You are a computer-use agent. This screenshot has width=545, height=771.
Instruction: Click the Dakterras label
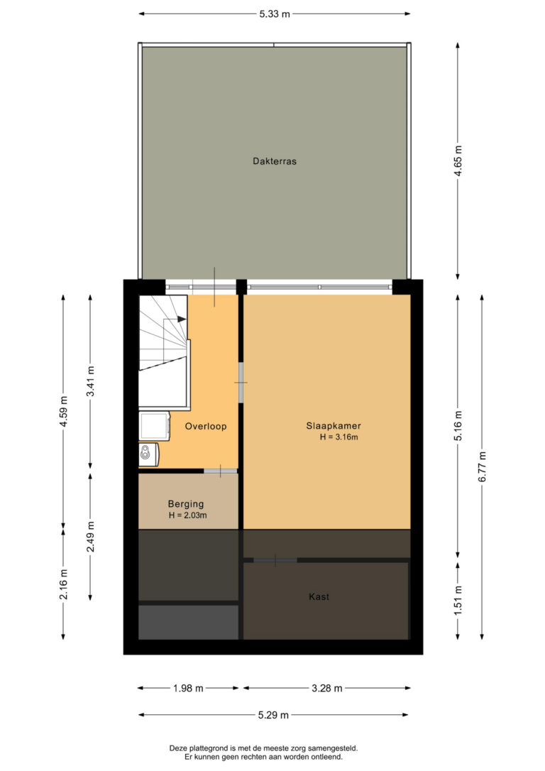tap(274, 160)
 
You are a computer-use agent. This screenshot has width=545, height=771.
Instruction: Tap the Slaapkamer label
tap(334, 426)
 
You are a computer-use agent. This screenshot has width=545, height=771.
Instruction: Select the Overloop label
tap(205, 426)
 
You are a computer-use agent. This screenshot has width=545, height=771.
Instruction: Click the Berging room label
tap(185, 503)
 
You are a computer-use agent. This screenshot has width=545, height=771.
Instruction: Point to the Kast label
tap(319, 596)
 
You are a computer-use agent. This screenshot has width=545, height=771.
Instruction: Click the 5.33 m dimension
tap(275, 13)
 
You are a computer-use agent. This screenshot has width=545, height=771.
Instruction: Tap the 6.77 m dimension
tap(482, 466)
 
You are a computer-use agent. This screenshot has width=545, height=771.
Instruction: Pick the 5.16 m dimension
tap(458, 425)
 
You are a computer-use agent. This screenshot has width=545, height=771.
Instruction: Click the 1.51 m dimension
tap(458, 600)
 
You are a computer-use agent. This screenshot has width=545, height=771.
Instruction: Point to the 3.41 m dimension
tap(90, 381)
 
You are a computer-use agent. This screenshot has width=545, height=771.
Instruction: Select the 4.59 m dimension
tap(63, 412)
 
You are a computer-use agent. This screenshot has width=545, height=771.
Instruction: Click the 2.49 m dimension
tap(90, 537)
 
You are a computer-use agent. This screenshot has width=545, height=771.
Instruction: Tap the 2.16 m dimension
tap(63, 584)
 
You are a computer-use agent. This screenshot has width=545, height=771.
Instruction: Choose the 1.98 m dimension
tap(188, 689)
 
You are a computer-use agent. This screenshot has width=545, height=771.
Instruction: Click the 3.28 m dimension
tap(327, 689)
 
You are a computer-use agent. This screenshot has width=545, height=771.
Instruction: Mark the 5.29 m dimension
tap(273, 715)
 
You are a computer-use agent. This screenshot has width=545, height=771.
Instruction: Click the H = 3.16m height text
tap(339, 437)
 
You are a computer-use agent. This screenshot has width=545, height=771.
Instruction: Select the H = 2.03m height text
tap(188, 515)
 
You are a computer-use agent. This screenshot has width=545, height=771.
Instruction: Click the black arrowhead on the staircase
tap(182, 319)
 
